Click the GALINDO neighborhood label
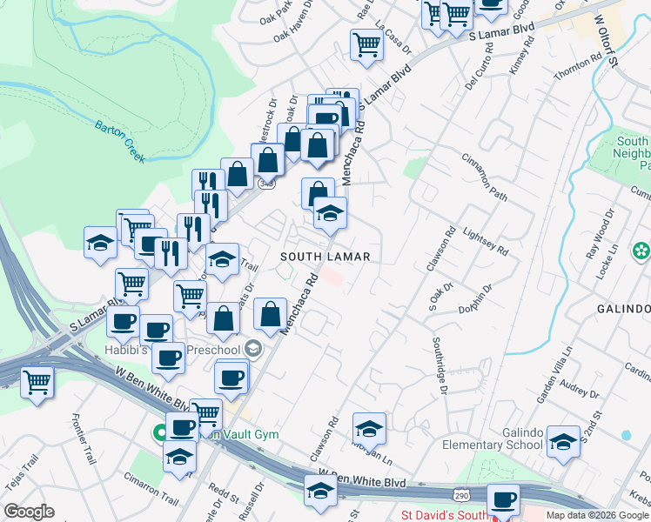coord(623,309)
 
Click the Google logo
coord(30,511)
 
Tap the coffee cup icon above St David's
coord(503,500)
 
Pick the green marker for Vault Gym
coord(161,432)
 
